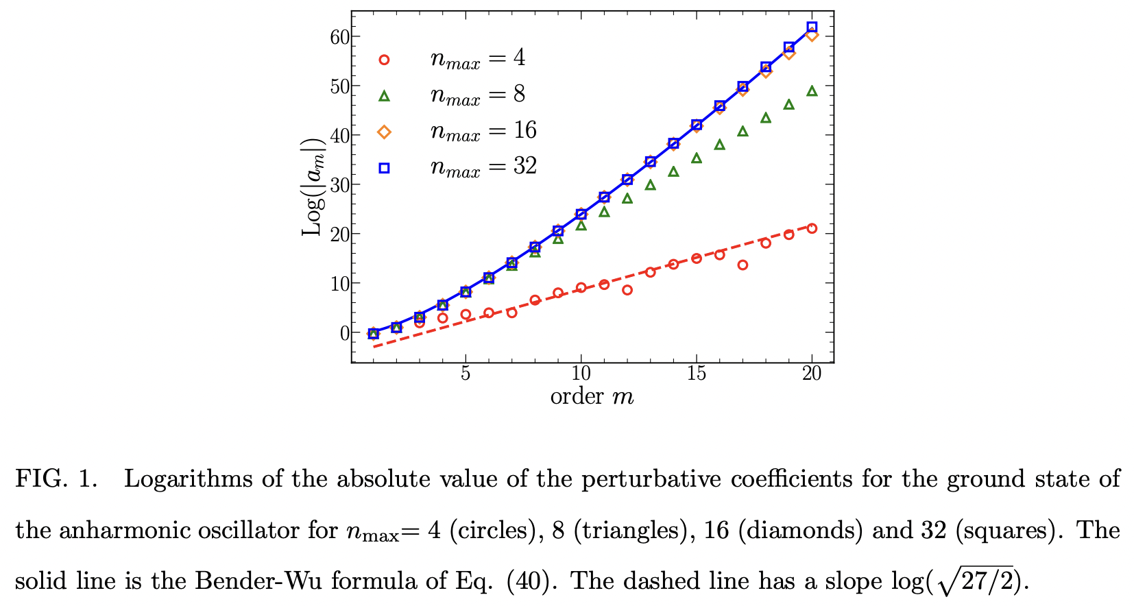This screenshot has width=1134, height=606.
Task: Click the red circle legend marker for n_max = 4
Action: pyautogui.click(x=384, y=60)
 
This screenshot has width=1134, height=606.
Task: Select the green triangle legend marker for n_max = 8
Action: pyautogui.click(x=384, y=96)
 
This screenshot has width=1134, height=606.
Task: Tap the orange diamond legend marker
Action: pyautogui.click(x=384, y=132)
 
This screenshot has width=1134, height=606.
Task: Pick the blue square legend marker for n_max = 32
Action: pyautogui.click(x=384, y=168)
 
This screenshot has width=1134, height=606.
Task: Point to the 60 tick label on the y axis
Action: pyautogui.click(x=339, y=37)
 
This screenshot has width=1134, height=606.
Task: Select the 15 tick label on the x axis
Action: pyautogui.click(x=696, y=374)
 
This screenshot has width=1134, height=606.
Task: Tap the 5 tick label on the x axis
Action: pyautogui.click(x=466, y=374)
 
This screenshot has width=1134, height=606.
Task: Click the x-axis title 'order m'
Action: pyautogui.click(x=592, y=396)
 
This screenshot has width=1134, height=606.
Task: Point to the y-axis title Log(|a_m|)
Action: pyautogui.click(x=312, y=186)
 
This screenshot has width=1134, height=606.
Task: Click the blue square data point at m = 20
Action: pyautogui.click(x=812, y=27)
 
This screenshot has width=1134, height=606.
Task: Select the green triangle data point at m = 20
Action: pyautogui.click(x=812, y=90)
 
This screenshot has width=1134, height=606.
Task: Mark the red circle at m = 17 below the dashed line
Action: pyautogui.click(x=743, y=265)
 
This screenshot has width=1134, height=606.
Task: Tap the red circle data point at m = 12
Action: pyautogui.click(x=627, y=290)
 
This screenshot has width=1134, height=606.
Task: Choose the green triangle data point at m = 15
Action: pyautogui.click(x=697, y=158)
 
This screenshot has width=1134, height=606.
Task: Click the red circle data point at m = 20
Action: pyautogui.click(x=812, y=228)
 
